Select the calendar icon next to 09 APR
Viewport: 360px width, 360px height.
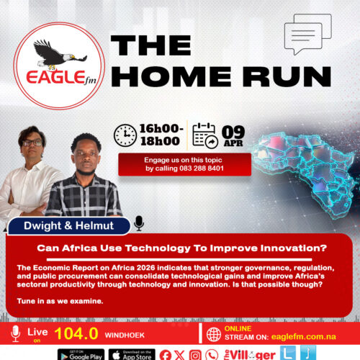(x=206, y=135)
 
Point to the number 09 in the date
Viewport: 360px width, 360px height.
(x=234, y=131)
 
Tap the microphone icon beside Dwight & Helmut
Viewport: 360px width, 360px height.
(x=139, y=223)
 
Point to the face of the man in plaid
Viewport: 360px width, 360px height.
(x=86, y=154)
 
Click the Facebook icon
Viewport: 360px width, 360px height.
(x=165, y=354)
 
